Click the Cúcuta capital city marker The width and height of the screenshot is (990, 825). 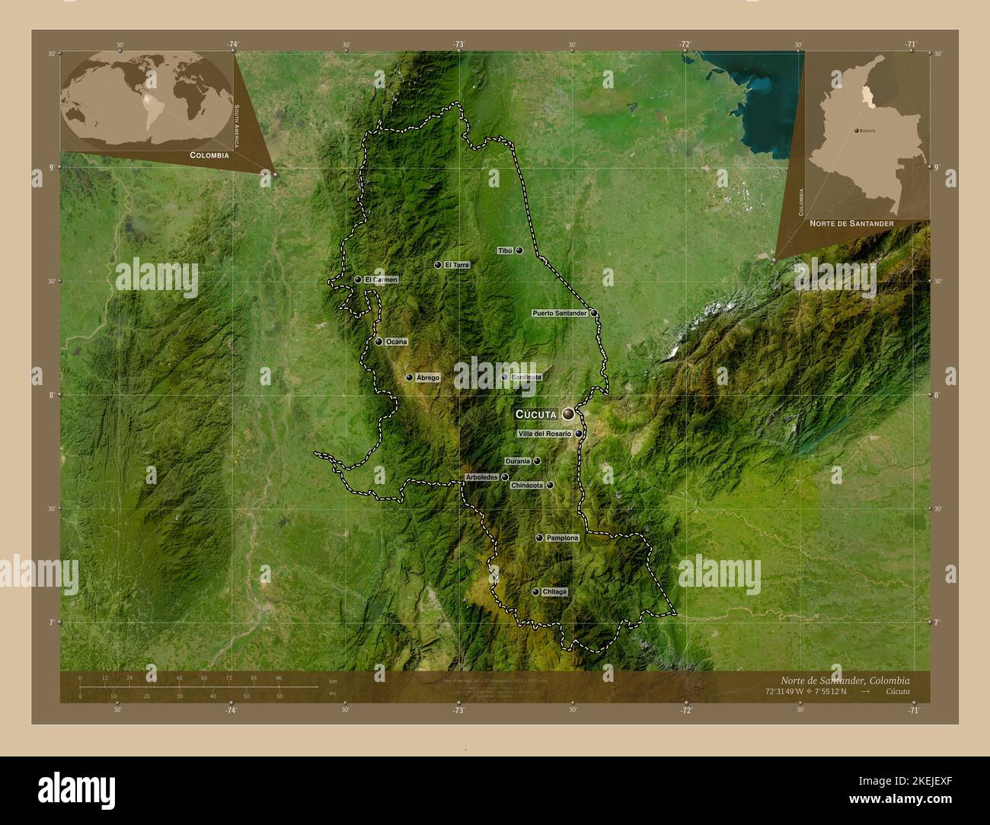click(568, 414)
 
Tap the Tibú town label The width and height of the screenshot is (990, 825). click(505, 250)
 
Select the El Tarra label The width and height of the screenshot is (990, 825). click(458, 265)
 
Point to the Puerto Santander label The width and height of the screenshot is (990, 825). click(560, 313)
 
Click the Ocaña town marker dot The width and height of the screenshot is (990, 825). click(378, 342)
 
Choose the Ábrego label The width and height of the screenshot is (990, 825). click(428, 377)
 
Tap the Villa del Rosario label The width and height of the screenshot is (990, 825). click(544, 434)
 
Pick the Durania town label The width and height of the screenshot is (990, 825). click(517, 461)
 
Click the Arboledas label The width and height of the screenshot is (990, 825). click(481, 477)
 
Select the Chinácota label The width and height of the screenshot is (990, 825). click(527, 485)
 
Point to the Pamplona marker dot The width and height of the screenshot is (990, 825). click(539, 538)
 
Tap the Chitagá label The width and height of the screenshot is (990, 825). click(555, 591)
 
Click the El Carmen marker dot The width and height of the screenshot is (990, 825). click(358, 279)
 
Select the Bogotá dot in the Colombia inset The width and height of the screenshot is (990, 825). click(857, 131)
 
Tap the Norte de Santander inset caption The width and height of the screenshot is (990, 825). click(851, 224)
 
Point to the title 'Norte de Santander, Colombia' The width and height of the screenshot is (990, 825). click(845, 680)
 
